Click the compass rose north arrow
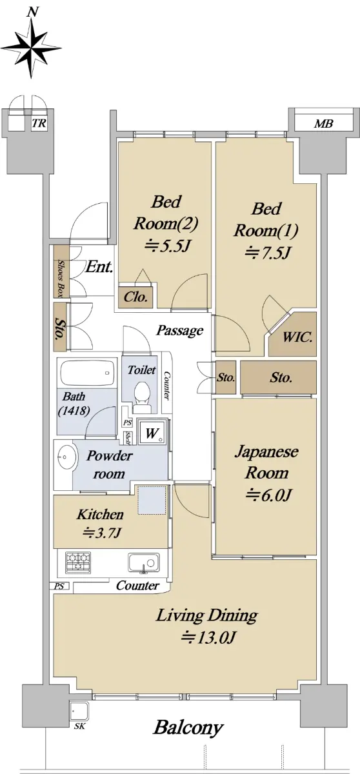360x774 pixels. click(x=31, y=48)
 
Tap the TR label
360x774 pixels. click(x=39, y=123)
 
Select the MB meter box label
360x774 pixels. click(x=323, y=123)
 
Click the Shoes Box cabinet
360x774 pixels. click(x=61, y=272)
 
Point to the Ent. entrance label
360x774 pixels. click(x=99, y=267)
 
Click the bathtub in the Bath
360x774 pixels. click(x=87, y=373)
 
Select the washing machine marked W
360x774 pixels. click(x=152, y=432)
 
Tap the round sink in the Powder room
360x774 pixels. click(x=66, y=457)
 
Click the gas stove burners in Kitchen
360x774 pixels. click(x=78, y=562)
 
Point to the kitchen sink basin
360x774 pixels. click(x=143, y=562)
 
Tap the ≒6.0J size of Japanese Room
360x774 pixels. click(x=269, y=495)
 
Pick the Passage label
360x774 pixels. click(x=179, y=331)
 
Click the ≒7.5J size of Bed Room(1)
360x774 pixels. click(x=266, y=253)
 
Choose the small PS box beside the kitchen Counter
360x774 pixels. click(x=61, y=586)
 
